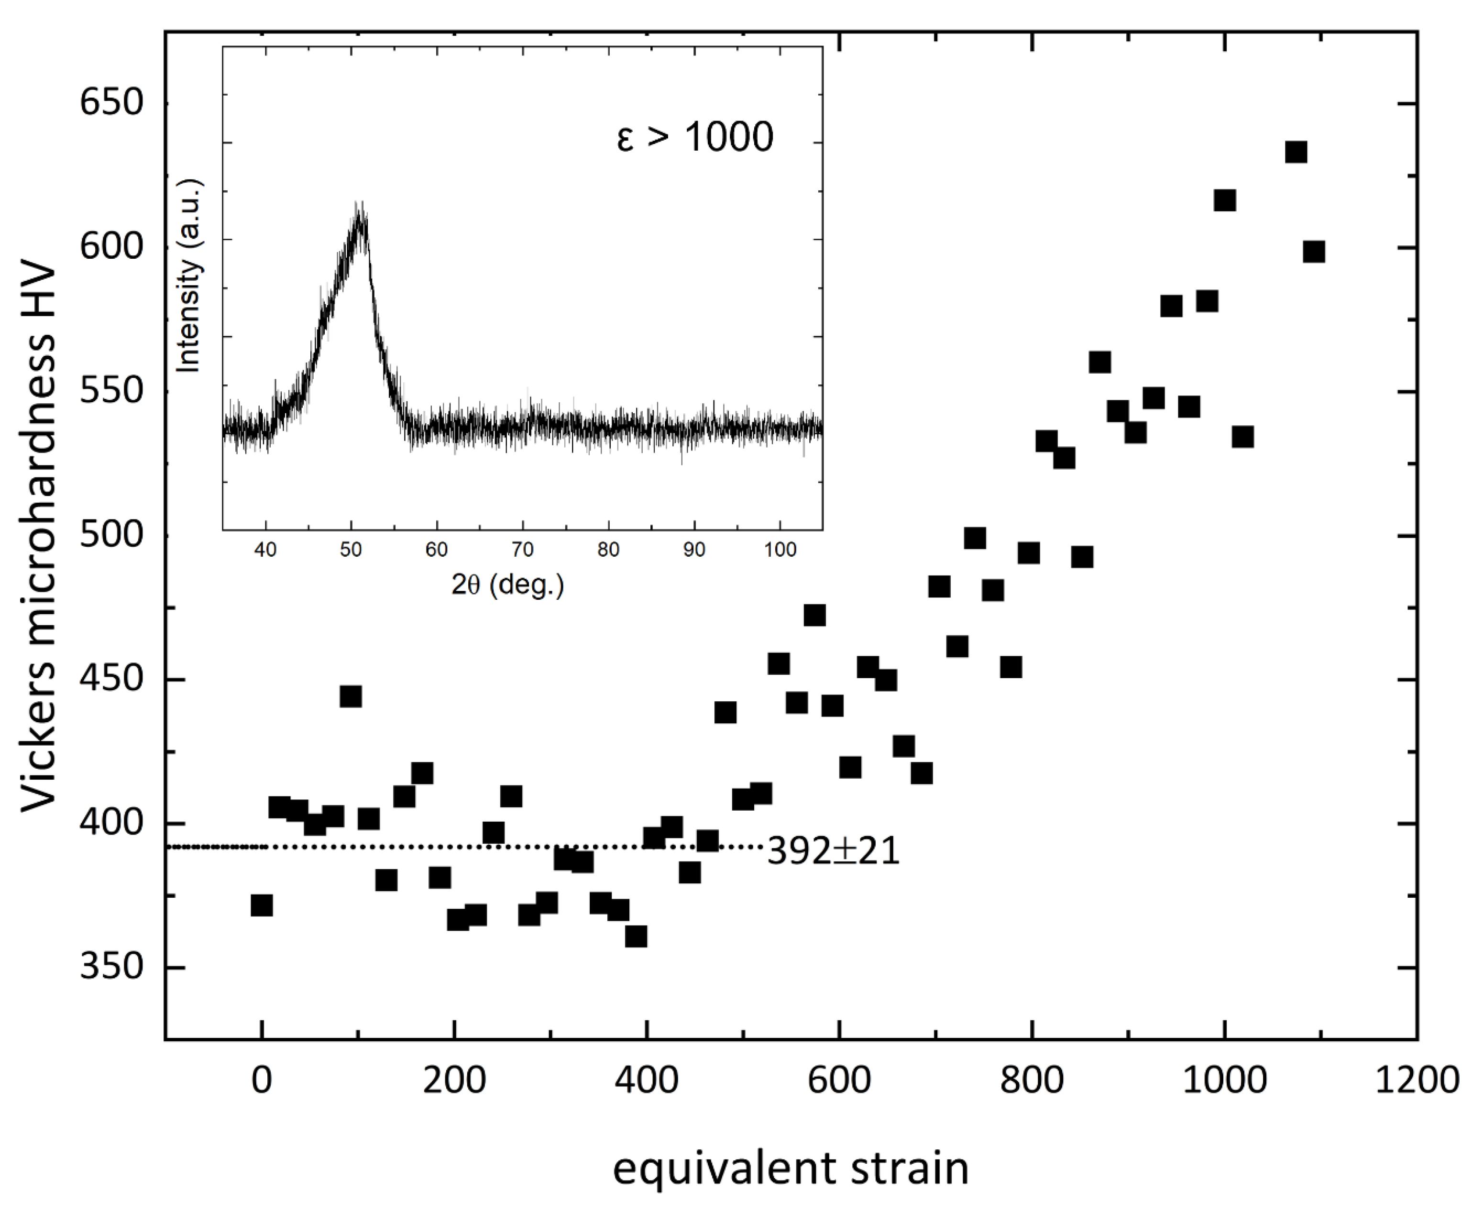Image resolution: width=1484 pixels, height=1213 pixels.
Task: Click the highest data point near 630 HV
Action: coord(1296,152)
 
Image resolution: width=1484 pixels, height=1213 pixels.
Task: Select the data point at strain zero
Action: coord(261,905)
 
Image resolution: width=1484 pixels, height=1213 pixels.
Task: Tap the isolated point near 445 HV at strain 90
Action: coord(351,696)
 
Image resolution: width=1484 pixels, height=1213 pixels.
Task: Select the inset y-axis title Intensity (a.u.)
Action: coord(188,276)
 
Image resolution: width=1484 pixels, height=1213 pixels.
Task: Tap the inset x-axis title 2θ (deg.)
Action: coord(507,584)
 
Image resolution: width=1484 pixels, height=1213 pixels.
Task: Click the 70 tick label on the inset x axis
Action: coord(523,550)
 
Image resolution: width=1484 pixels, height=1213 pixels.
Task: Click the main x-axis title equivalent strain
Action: coord(791,1168)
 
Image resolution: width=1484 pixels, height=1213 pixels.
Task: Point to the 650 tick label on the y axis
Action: coord(112,103)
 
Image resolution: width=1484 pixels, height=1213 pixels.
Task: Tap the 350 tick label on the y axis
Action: coord(112,968)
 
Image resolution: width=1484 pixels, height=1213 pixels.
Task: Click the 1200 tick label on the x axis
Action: coord(1416,1080)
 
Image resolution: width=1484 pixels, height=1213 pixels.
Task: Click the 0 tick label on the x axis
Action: coord(261,1080)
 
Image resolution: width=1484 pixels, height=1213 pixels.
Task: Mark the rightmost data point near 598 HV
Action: coord(1314,252)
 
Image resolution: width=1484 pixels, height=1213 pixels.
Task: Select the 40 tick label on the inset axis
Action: coord(265,550)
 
